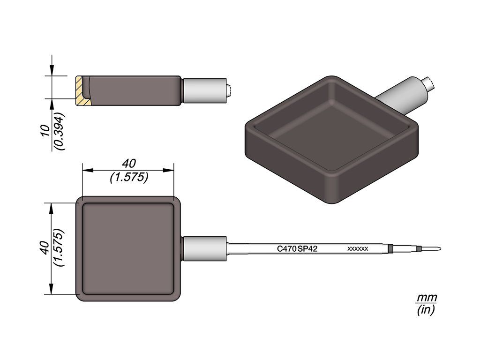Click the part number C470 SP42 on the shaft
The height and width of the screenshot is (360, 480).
click(297, 249)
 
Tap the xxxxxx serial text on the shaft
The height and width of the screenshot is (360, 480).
click(358, 249)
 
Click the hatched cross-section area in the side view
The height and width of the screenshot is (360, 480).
click(82, 91)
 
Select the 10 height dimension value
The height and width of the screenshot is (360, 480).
click(45, 130)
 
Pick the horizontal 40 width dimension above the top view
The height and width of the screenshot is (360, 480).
click(128, 164)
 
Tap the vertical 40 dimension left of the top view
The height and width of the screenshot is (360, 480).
click(45, 248)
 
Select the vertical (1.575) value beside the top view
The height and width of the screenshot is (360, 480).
click(59, 247)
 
